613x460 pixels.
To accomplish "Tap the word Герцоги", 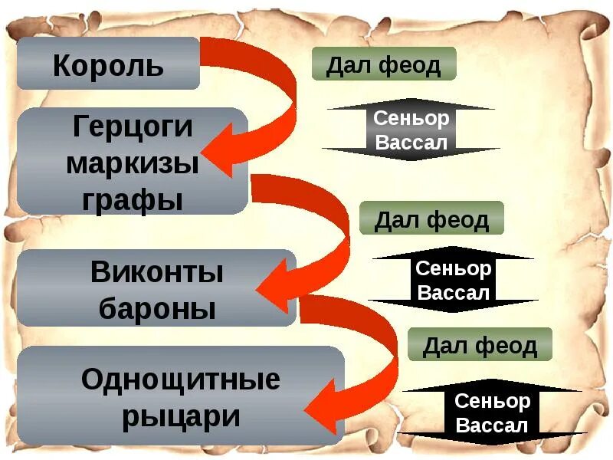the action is click(133, 126).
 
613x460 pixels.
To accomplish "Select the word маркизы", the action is click(133, 163).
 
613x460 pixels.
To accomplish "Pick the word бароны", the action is click(157, 308).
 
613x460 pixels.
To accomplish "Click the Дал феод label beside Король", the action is click(384, 64).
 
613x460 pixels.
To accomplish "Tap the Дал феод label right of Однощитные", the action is click(480, 346).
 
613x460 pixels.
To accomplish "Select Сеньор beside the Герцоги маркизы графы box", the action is click(411, 118).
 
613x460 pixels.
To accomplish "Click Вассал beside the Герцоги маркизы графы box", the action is click(411, 142).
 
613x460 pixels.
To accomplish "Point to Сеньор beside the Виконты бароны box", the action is click(453, 268).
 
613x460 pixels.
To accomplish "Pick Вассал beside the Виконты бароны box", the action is click(453, 292).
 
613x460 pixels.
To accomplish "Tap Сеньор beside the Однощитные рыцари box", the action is click(492, 401).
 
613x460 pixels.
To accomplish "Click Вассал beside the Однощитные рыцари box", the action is click(492, 425).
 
